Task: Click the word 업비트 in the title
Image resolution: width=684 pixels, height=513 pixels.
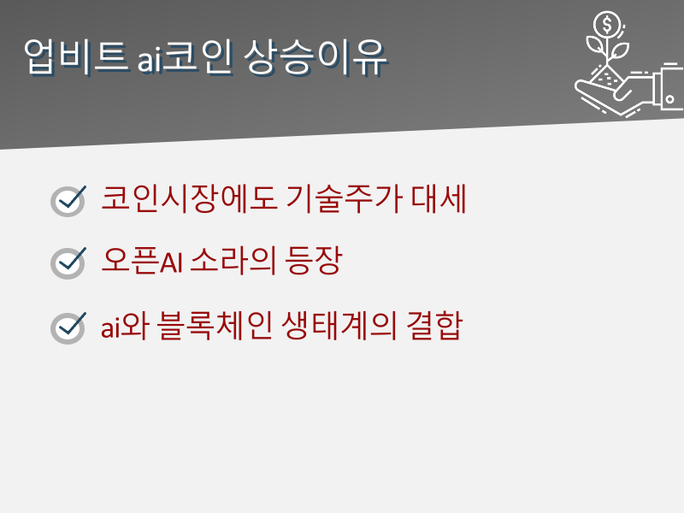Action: pyautogui.click(x=76, y=56)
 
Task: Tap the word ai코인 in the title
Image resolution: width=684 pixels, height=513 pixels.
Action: pyautogui.click(x=184, y=57)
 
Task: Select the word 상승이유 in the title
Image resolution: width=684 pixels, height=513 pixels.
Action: pyautogui.click(x=315, y=56)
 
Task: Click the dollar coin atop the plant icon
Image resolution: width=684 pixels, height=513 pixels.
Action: pyautogui.click(x=607, y=25)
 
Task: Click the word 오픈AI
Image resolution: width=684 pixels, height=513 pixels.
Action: pyautogui.click(x=142, y=261)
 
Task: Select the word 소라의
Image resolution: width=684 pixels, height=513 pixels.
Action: pyautogui.click(x=233, y=261)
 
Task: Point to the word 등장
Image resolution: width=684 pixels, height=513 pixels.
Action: pyautogui.click(x=313, y=261)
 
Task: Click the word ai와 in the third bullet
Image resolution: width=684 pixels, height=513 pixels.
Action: pyautogui.click(x=125, y=326)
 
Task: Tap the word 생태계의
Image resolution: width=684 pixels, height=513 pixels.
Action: pyautogui.click(x=339, y=326)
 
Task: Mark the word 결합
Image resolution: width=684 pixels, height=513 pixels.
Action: pyautogui.click(x=434, y=326)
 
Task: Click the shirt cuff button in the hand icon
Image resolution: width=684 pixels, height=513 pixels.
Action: pyautogui.click(x=670, y=99)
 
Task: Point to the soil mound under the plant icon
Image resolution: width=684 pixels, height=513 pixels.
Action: pyautogui.click(x=606, y=78)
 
